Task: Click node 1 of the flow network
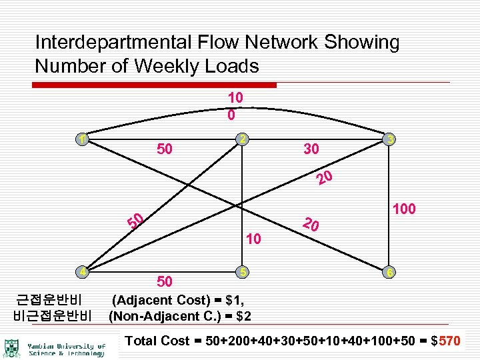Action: [81, 140]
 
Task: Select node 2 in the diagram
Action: [244, 139]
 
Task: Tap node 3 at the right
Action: [391, 139]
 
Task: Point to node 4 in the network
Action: [81, 272]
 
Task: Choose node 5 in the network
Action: [244, 272]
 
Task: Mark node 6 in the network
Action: [391, 273]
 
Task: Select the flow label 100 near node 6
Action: [405, 209]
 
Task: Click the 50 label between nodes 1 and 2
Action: [164, 149]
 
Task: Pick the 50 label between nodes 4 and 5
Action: [164, 281]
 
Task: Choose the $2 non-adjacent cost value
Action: [241, 315]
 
